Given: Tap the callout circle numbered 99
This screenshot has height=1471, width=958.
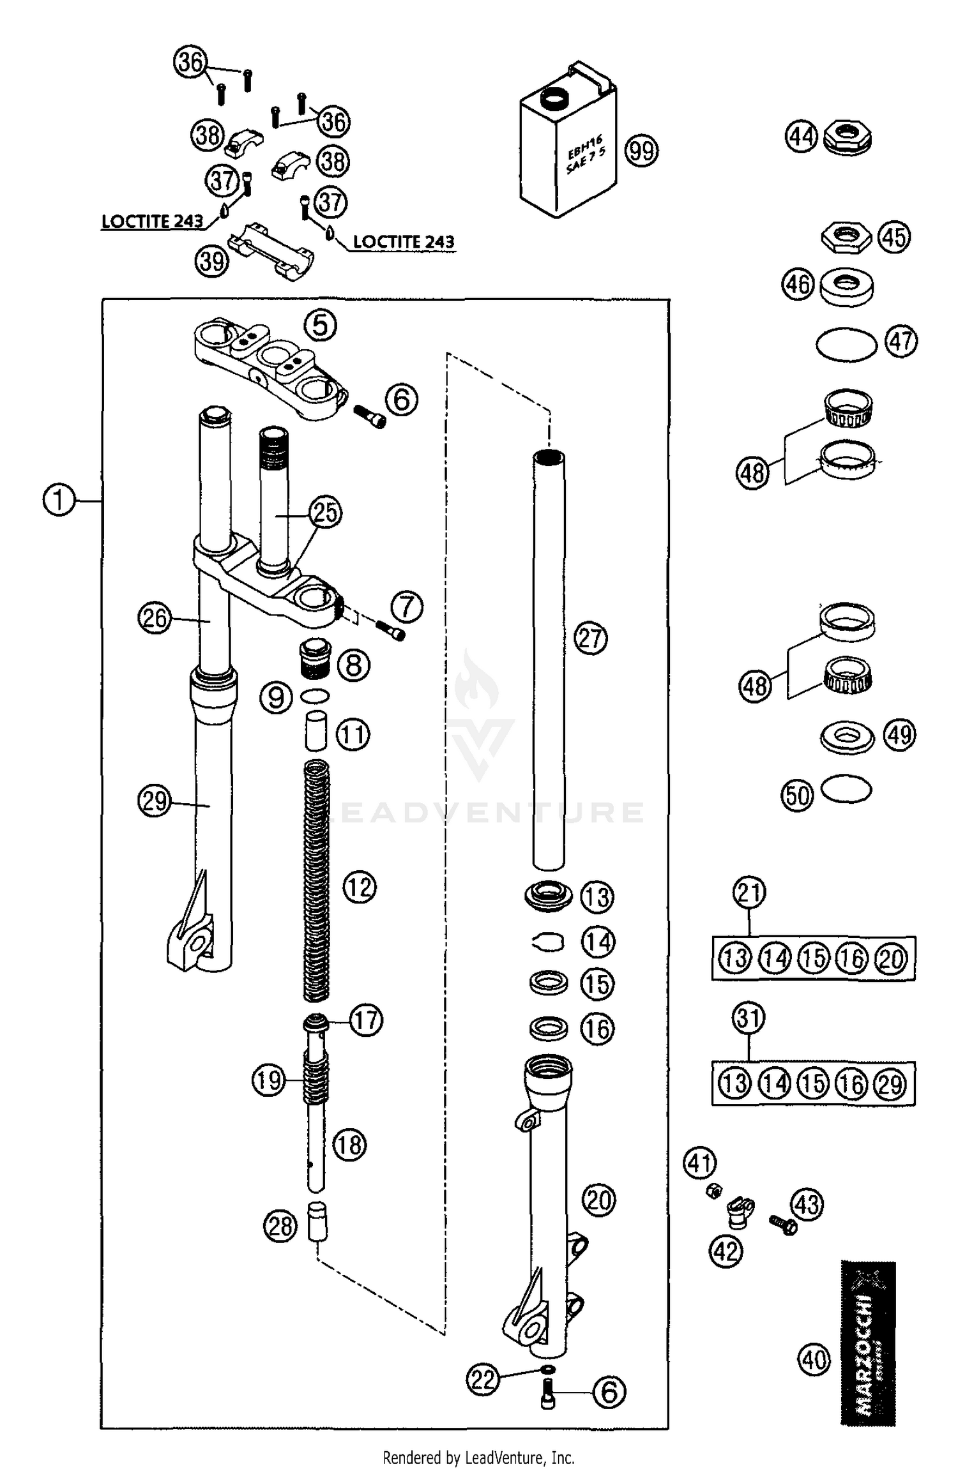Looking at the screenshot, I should click(641, 151).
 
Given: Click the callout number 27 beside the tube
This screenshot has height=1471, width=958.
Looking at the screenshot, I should click(591, 638).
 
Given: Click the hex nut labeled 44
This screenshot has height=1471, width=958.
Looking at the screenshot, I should click(848, 138).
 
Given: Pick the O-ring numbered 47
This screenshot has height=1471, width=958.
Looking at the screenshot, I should click(847, 345).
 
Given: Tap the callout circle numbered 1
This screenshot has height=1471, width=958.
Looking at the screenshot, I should click(58, 500).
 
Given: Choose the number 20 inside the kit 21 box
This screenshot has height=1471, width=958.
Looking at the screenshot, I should click(892, 958).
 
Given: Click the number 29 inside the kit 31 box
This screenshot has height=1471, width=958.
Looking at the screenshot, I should click(892, 1083).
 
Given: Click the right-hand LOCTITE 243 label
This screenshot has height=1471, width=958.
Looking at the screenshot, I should click(404, 242).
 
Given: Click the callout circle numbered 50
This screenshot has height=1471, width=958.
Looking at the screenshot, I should click(797, 796).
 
